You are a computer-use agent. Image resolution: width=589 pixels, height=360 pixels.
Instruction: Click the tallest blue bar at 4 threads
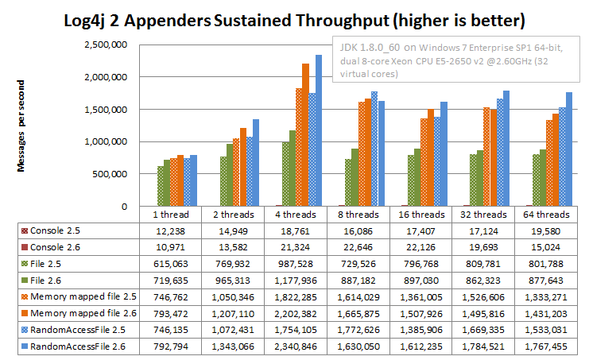tap(319, 131)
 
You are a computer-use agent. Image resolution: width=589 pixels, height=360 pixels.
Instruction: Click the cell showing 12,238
tap(171, 230)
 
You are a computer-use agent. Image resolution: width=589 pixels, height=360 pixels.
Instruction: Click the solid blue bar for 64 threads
tap(568, 149)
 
